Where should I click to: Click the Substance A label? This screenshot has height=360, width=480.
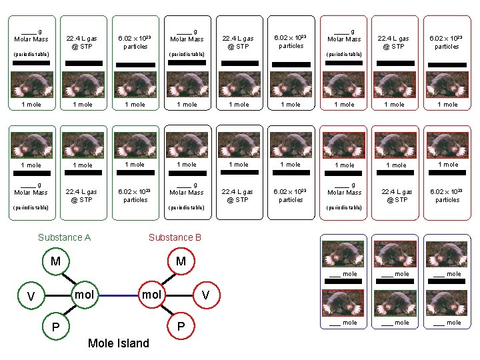tap(64, 237)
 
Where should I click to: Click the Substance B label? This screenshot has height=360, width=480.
tap(175, 237)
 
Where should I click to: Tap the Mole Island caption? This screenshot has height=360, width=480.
tap(119, 343)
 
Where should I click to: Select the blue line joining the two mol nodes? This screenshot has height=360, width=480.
tap(117, 295)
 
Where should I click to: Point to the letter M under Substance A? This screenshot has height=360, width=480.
tap(56, 261)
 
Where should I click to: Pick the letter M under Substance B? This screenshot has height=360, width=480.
tap(180, 261)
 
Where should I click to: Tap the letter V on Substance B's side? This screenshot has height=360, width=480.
tap(205, 295)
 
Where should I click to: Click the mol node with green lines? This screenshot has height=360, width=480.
tap(83, 294)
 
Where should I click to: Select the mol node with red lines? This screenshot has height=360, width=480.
tap(151, 294)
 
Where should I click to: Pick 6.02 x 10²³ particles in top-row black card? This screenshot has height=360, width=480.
tap(291, 42)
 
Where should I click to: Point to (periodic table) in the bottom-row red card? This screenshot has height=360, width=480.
tap(344, 207)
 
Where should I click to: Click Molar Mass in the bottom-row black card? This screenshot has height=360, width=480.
tap(187, 192)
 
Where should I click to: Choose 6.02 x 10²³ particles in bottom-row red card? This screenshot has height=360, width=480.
tap(447, 195)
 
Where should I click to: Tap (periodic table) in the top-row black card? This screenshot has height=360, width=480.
tap(187, 54)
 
